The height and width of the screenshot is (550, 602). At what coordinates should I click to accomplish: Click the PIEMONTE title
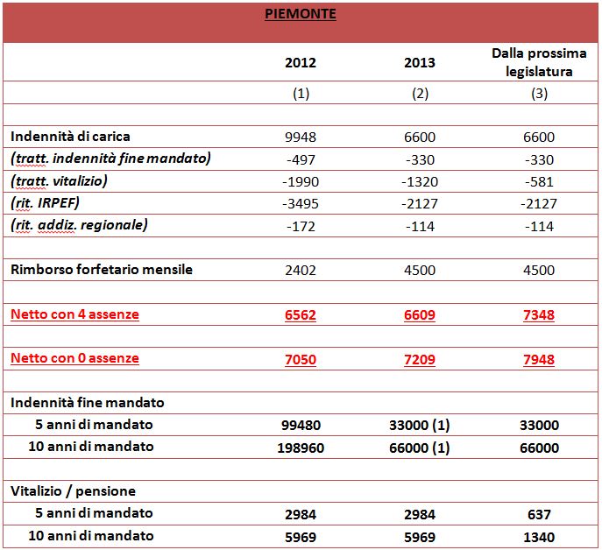(x=301, y=14)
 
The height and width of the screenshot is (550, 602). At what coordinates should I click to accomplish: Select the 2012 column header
(x=301, y=62)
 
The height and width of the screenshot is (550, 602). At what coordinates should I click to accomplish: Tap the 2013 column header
(x=420, y=62)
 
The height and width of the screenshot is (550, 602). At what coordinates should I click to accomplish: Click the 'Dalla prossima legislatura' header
(x=539, y=62)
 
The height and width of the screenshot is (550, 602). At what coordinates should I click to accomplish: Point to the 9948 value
(x=301, y=137)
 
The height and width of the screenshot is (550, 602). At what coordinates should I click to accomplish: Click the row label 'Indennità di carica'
(x=70, y=137)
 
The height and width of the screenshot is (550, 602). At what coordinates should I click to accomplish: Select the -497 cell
(x=301, y=159)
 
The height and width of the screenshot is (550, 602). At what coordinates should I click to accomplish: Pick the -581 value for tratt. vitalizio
(x=539, y=181)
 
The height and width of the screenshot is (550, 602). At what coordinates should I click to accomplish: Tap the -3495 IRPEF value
(x=301, y=203)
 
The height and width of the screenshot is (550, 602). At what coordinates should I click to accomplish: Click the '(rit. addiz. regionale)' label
(x=79, y=225)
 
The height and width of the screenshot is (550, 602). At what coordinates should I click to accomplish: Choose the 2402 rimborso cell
(x=301, y=271)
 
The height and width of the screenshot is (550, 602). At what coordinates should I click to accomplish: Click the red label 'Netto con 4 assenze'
(x=74, y=314)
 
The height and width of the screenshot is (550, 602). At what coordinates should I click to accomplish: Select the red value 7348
(x=539, y=315)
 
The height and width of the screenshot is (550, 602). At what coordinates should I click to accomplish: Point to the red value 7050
(x=301, y=360)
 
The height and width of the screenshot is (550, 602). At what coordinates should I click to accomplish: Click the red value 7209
(x=420, y=360)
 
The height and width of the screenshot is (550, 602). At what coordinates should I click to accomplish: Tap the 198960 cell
(x=301, y=448)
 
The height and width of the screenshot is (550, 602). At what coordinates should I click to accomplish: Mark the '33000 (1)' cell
(x=419, y=426)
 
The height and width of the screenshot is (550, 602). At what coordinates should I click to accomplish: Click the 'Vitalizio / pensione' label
(x=73, y=491)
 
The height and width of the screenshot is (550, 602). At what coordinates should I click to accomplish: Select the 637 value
(x=539, y=515)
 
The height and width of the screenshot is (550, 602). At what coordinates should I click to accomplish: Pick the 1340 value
(x=539, y=538)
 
